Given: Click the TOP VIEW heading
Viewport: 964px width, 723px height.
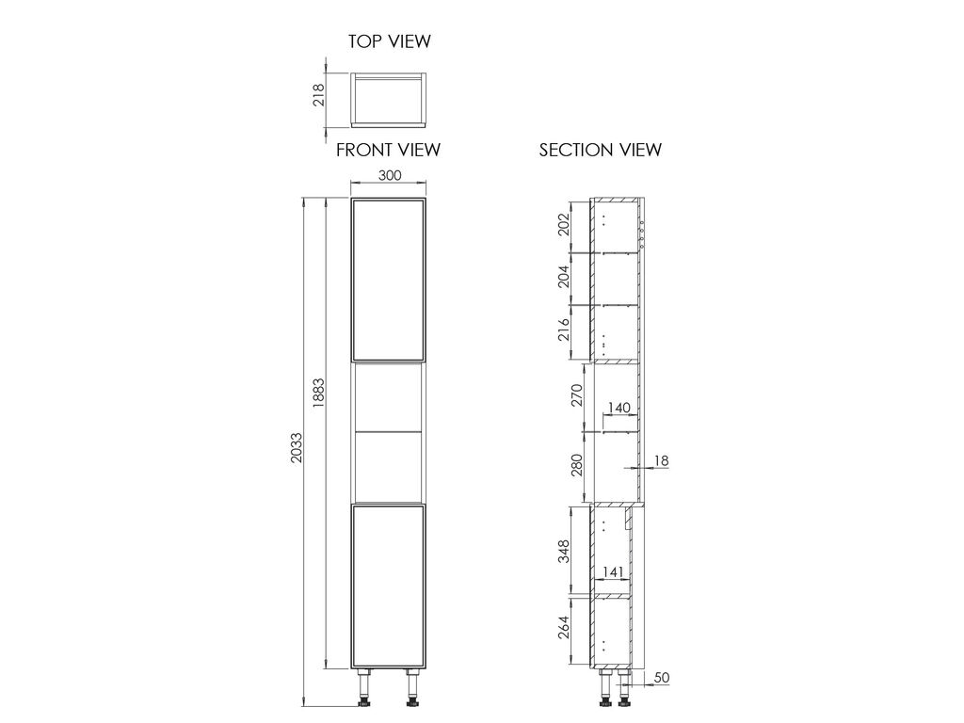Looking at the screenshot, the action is point(389,41).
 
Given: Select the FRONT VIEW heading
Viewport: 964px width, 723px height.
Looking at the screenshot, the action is point(389,150).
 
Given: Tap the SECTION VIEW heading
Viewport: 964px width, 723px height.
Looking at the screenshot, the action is point(600,150).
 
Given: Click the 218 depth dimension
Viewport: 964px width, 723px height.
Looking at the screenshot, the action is point(318,95).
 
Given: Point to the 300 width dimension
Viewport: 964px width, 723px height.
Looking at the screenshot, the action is point(389,175).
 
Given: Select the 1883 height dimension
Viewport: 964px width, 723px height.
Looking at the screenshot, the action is point(318,393).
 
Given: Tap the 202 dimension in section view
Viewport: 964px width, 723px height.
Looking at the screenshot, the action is point(564,225).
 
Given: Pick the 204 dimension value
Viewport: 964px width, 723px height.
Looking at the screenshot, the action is point(564,277).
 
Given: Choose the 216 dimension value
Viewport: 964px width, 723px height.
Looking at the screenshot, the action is point(564,330).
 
